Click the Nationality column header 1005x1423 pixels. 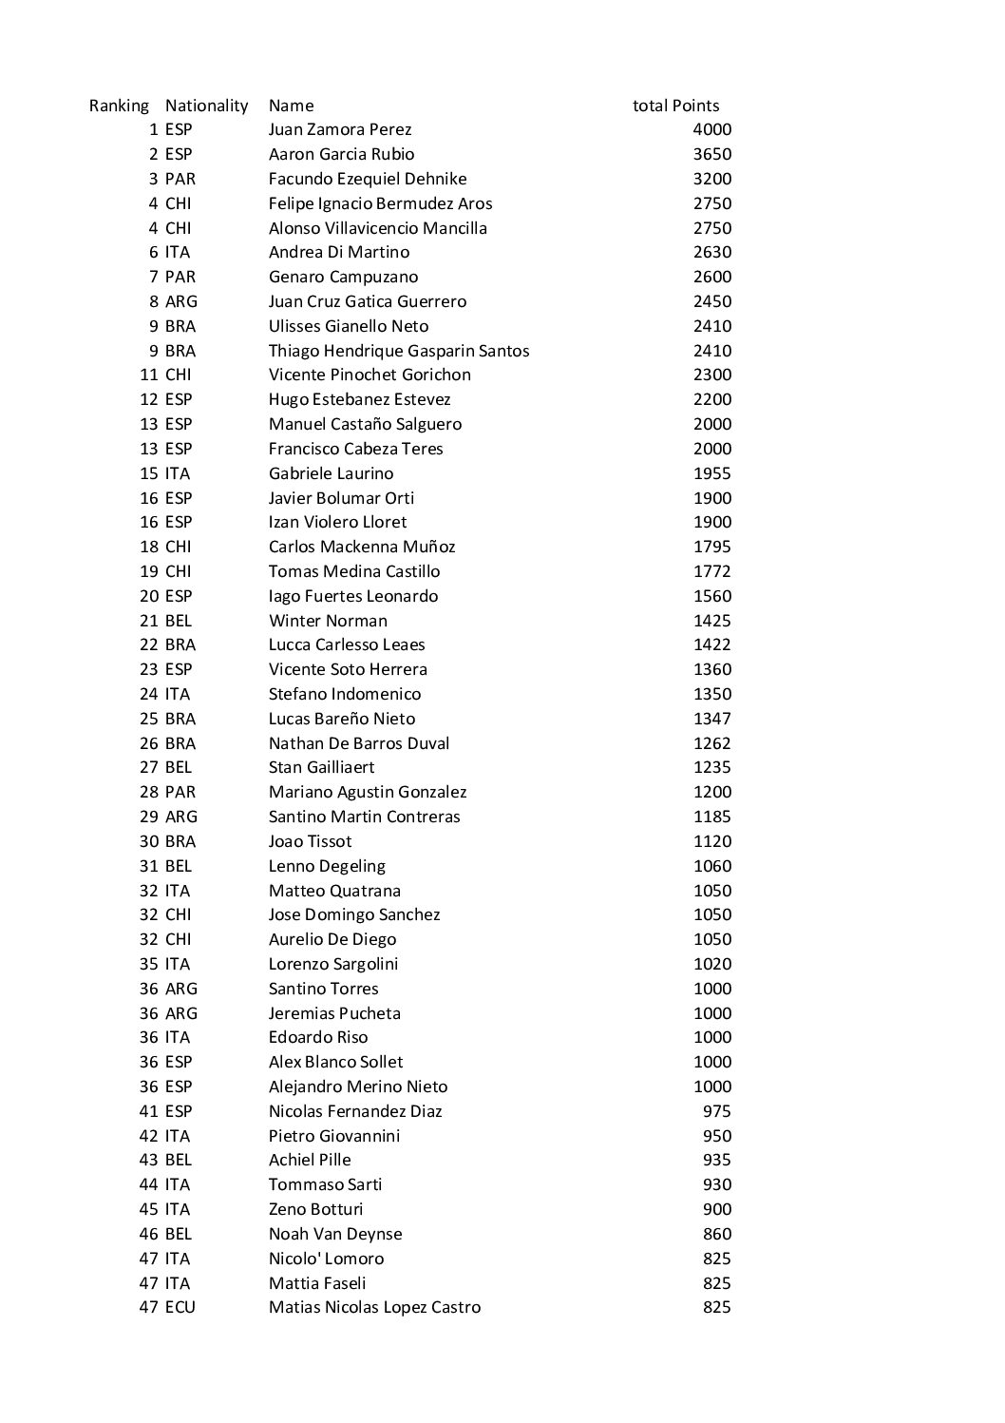(x=206, y=106)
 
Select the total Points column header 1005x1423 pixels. (x=675, y=106)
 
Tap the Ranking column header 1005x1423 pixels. (x=119, y=106)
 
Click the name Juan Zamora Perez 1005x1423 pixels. (x=340, y=129)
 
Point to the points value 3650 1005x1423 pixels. (x=711, y=154)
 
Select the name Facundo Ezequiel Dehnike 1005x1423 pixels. (x=368, y=179)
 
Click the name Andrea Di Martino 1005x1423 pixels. (x=339, y=252)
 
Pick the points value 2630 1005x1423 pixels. (x=711, y=252)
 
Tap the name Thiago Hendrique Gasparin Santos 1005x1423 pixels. (x=399, y=351)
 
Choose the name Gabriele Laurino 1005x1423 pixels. (x=331, y=473)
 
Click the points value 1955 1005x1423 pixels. (x=711, y=473)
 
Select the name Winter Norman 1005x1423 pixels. (x=328, y=621)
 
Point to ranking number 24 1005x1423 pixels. (x=148, y=694)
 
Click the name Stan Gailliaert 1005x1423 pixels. (x=321, y=767)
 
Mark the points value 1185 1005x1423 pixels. (x=711, y=817)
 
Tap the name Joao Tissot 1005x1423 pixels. (x=310, y=841)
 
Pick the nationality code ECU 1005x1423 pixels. (x=180, y=1307)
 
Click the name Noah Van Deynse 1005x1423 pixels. (x=335, y=1234)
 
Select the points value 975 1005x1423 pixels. (x=716, y=1111)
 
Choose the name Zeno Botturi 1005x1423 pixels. (x=315, y=1209)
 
